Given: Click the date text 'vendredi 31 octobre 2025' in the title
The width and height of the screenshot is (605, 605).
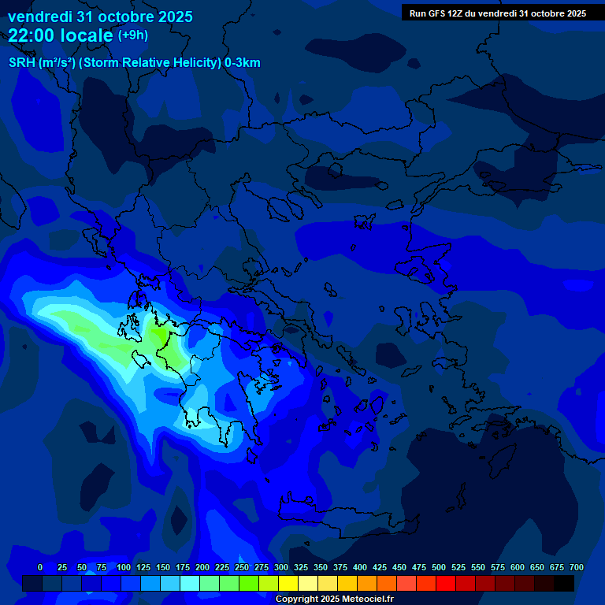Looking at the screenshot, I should [100, 17].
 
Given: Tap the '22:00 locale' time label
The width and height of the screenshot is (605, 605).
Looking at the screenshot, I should [61, 35].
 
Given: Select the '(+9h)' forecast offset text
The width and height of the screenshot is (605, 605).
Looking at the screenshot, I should [132, 35].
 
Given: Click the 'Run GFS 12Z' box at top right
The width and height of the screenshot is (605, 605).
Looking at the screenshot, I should [497, 13].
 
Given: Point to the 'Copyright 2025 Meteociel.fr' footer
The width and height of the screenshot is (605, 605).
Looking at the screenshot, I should [335, 599].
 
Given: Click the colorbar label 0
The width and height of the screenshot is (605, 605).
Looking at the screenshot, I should [40, 567].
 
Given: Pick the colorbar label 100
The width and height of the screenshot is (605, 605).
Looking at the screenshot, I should [124, 567].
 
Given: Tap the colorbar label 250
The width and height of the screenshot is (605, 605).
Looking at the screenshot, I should [242, 567].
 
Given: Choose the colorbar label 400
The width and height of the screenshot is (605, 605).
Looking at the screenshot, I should [360, 567].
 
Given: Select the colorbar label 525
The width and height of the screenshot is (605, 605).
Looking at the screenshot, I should [458, 567].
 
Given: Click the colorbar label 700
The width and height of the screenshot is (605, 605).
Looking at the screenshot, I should [577, 567].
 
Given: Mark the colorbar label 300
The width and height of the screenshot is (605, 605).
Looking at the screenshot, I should [281, 567].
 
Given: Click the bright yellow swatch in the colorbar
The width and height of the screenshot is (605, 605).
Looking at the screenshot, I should [288, 583].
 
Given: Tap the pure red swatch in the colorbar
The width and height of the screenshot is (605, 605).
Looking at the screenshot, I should [446, 583].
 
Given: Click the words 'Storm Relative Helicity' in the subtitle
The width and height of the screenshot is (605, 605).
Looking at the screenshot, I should [150, 63].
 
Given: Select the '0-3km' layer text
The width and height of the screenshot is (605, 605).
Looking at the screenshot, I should [243, 63].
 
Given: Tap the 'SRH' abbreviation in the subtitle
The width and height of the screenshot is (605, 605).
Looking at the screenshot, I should [21, 63].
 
